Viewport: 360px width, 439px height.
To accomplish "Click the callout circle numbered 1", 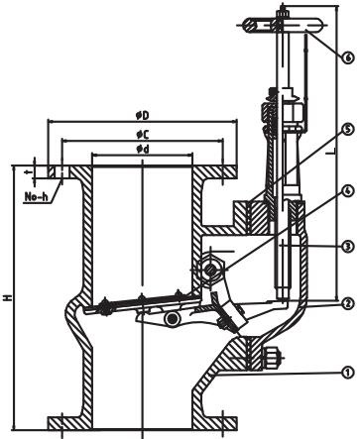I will coord(347,373).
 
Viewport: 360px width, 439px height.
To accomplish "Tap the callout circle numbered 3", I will coord(347,245).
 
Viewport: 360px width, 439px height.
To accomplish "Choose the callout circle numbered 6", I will coord(347,57).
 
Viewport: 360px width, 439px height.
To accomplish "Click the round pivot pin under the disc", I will coord(174,319).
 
